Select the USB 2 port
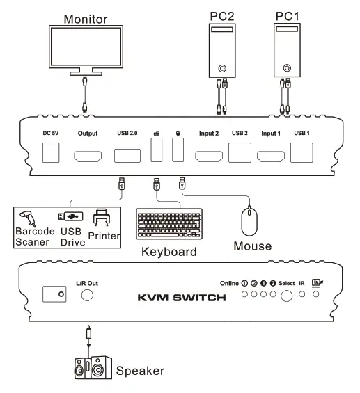(240, 152)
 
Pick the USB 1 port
(302, 152)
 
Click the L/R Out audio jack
(88, 295)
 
